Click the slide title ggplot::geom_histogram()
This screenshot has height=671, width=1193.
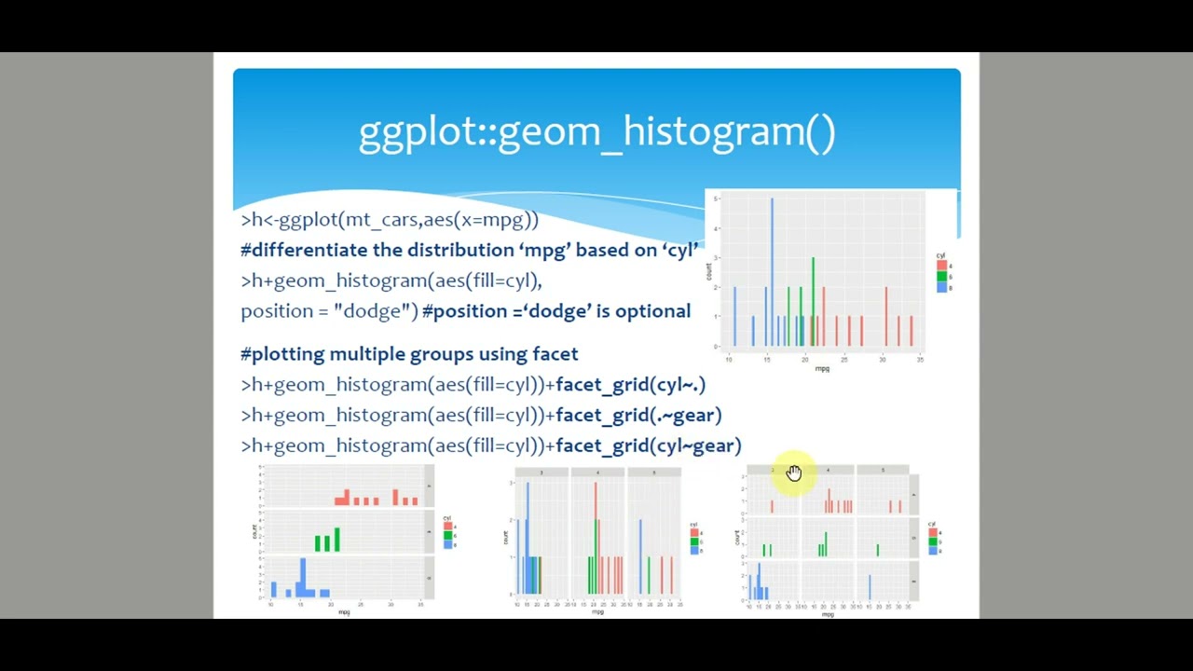click(x=596, y=131)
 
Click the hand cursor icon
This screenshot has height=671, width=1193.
click(x=793, y=473)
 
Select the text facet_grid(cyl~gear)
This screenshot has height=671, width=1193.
click(x=648, y=445)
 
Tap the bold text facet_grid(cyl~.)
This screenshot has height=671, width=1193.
click(x=630, y=384)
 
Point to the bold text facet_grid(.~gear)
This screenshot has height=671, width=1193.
click(x=638, y=415)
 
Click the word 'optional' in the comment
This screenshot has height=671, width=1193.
click(x=652, y=311)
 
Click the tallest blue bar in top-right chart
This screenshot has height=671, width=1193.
click(x=772, y=270)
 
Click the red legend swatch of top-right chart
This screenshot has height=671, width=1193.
click(x=942, y=266)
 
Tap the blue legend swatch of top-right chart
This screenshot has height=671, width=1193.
click(x=942, y=287)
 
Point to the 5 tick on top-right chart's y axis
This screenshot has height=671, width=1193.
click(x=716, y=199)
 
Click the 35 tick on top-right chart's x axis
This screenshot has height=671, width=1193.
click(x=920, y=360)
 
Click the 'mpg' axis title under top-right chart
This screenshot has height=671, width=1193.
click(x=822, y=369)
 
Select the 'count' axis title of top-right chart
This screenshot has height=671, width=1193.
click(x=709, y=271)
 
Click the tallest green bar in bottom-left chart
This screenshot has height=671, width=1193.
click(x=336, y=540)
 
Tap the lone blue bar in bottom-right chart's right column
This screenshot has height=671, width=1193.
click(x=870, y=587)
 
